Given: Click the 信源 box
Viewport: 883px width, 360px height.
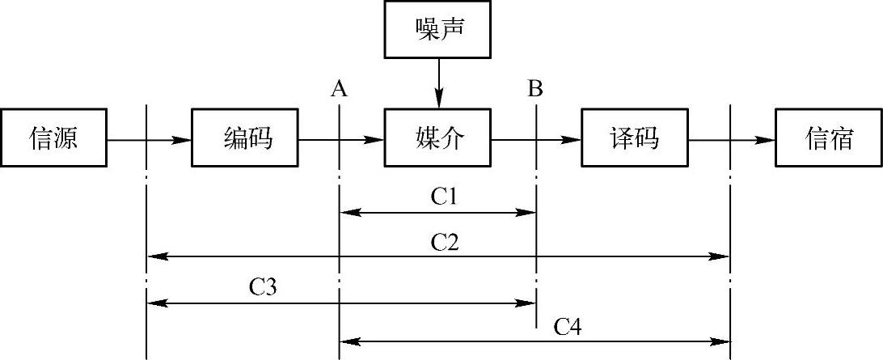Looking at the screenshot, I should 54,139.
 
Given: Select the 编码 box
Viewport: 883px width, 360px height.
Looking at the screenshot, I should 246,139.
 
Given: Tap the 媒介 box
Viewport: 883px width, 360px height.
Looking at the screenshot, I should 437,139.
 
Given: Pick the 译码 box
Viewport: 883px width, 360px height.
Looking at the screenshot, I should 634,139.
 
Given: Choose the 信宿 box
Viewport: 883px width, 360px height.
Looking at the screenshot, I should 828,139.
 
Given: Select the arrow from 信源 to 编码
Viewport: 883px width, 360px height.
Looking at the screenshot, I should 149,140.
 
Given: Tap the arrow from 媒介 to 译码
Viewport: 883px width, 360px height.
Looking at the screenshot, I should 535,140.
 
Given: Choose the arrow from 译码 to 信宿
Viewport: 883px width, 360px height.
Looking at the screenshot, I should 731,140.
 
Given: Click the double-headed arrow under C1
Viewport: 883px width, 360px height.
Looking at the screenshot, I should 437,213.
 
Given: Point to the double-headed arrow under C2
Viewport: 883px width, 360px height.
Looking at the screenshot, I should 437,256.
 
